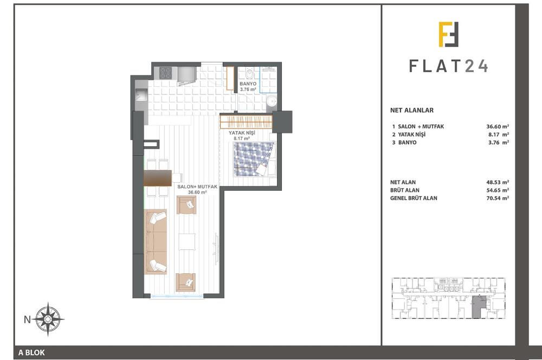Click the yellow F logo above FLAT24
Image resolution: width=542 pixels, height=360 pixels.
click(x=449, y=35)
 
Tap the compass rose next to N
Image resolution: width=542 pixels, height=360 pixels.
click(x=49, y=319)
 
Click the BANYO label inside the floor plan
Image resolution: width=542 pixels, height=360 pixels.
click(x=248, y=83)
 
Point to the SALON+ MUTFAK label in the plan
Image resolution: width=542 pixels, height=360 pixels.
click(x=197, y=187)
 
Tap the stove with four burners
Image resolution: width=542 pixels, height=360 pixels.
click(x=165, y=73)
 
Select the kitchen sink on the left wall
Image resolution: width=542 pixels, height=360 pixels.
click(x=140, y=97)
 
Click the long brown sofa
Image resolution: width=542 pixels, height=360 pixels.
click(x=156, y=241)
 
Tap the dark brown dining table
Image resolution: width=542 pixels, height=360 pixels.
click(x=158, y=178)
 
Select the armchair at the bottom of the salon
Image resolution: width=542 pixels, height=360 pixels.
click(x=186, y=282)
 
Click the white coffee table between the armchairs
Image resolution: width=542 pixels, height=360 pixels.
click(x=188, y=240)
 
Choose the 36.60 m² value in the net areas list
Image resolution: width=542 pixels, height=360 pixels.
click(x=498, y=126)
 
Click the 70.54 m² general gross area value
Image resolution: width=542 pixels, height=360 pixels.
click(x=498, y=198)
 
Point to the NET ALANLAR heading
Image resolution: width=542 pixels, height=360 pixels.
click(x=412, y=110)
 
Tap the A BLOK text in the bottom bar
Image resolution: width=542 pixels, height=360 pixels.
click(x=31, y=353)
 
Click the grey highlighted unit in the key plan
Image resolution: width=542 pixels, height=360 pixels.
click(x=479, y=308)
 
